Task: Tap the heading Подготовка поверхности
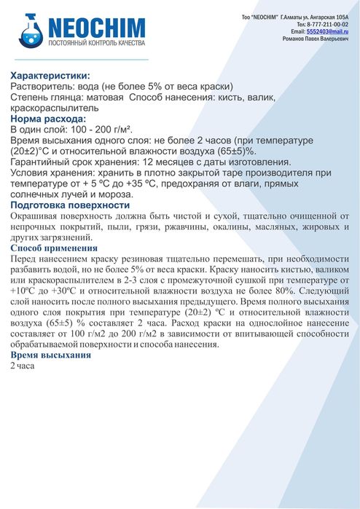pyautogui.click(x=70, y=205)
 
